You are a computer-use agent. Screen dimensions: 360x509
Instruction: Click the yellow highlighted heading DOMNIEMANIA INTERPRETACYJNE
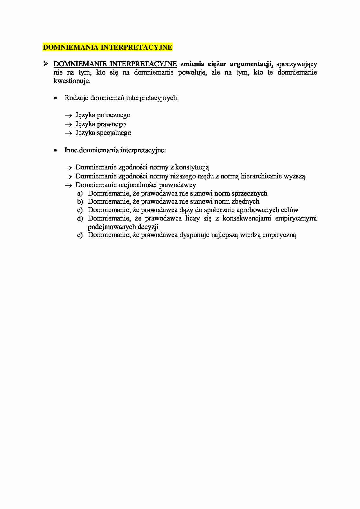107,47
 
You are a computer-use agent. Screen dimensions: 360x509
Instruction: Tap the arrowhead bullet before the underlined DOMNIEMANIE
46,64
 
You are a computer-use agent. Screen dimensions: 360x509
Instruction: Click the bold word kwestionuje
72,81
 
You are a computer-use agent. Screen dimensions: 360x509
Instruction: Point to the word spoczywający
296,64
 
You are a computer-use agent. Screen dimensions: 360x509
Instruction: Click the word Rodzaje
76,98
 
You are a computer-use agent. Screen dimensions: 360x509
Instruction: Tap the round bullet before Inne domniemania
55,150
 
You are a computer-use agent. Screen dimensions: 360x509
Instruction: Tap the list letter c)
80,210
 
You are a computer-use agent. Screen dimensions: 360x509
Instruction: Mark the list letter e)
80,235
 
